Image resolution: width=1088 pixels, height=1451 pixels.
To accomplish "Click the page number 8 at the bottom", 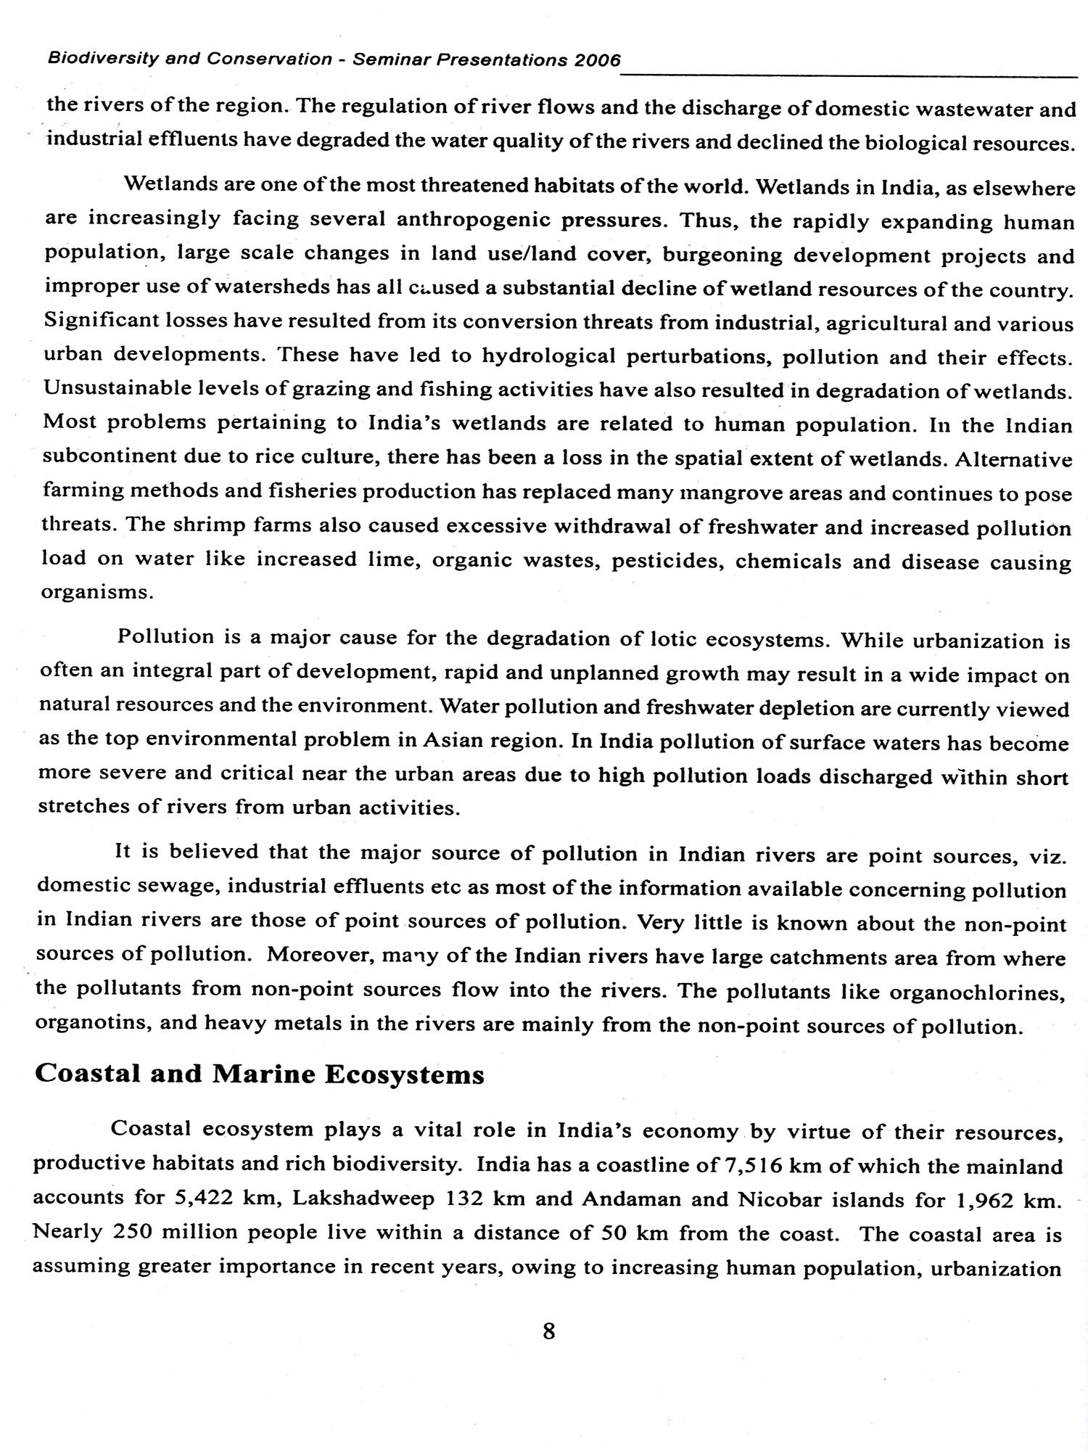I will click(548, 1331).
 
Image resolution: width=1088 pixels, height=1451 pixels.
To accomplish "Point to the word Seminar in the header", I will click(391, 59).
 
